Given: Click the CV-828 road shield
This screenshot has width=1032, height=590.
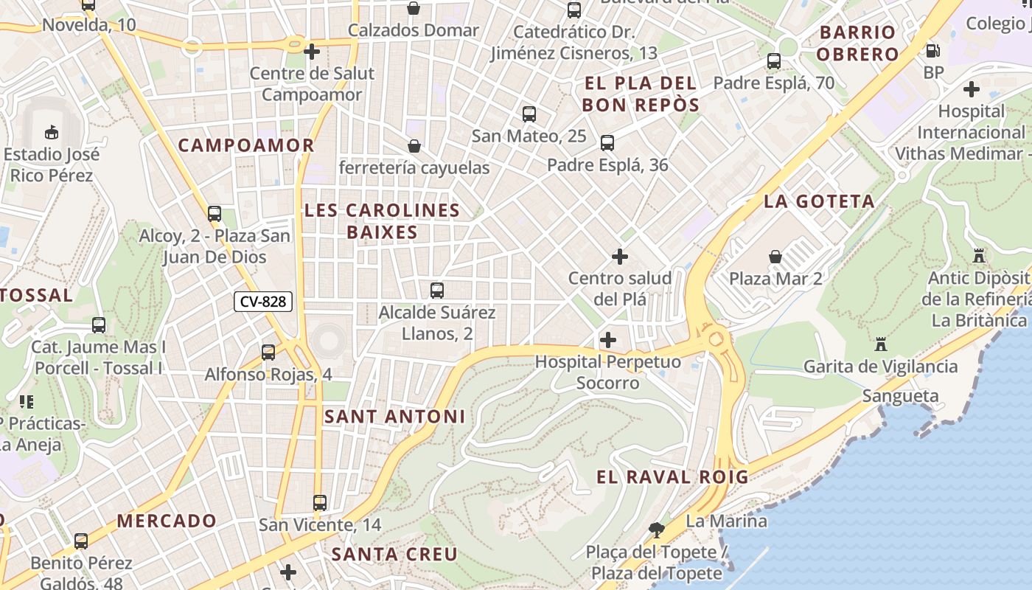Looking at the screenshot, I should pyautogui.click(x=263, y=302).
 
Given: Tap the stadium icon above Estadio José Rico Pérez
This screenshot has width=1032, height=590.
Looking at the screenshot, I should pyautogui.click(x=52, y=133).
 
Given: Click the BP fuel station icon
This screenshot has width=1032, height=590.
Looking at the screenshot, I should pyautogui.click(x=932, y=51).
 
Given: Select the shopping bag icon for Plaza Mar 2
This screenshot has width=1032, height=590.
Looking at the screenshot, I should pyautogui.click(x=775, y=257).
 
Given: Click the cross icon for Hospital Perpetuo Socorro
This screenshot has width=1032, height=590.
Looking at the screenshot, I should pyautogui.click(x=608, y=340).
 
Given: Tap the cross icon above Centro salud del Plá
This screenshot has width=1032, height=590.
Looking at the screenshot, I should pyautogui.click(x=620, y=257).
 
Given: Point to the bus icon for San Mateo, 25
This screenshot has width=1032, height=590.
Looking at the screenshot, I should pyautogui.click(x=529, y=114).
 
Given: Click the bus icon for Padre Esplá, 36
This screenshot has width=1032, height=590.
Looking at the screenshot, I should pyautogui.click(x=607, y=143).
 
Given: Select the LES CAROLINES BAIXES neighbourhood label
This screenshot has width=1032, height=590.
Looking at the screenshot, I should pyautogui.click(x=382, y=221).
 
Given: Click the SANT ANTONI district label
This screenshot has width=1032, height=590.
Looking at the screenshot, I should pyautogui.click(x=395, y=417).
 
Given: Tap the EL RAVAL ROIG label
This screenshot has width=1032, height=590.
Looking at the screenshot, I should pyautogui.click(x=672, y=477).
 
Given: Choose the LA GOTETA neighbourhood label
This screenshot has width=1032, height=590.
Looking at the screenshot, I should pyautogui.click(x=819, y=201).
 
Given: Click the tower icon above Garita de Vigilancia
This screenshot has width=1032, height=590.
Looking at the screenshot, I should pyautogui.click(x=880, y=344).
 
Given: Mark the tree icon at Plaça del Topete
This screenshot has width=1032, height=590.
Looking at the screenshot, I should pyautogui.click(x=656, y=530).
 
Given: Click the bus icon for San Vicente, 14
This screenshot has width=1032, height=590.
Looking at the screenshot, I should pyautogui.click(x=320, y=503).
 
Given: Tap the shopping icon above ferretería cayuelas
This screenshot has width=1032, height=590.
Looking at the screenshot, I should pyautogui.click(x=414, y=146).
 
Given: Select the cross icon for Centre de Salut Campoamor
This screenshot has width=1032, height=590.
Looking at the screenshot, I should pyautogui.click(x=312, y=52).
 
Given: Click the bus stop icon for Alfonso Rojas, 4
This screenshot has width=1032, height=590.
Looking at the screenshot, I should pyautogui.click(x=268, y=353).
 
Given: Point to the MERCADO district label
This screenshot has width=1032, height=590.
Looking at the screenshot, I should pyautogui.click(x=167, y=521).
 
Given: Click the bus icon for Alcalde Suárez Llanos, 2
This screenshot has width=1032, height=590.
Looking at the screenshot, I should pyautogui.click(x=437, y=291).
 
